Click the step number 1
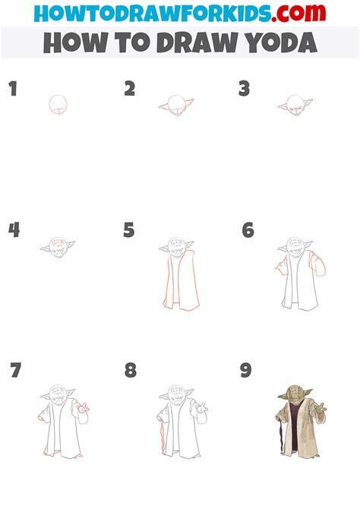12,89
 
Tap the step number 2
130,89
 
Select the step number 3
244,89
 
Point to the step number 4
13,229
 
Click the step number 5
128,229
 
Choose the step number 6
248,229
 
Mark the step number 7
15,371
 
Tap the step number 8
131,371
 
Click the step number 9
245,371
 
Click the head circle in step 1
58,104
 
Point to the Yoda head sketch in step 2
176,106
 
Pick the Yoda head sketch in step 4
58,246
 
